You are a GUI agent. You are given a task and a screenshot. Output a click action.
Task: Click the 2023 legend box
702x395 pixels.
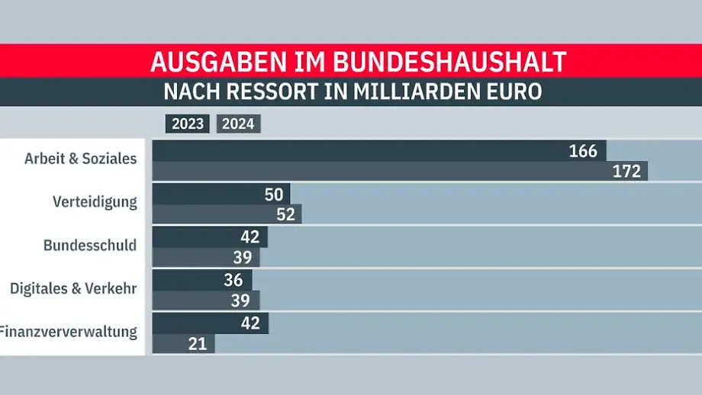click(x=187, y=124)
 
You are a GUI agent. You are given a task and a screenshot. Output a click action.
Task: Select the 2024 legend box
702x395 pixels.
click(x=239, y=124)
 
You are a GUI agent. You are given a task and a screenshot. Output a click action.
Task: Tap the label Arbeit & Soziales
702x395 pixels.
click(x=80, y=159)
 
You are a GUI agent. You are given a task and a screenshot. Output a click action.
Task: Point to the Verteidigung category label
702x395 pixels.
click(x=95, y=202)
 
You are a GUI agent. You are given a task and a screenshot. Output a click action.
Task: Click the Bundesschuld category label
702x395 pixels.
click(x=90, y=246)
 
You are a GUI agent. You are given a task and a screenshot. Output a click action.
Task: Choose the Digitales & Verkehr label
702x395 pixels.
click(x=73, y=289)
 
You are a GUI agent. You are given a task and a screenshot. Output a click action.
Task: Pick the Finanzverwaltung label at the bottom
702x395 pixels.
click(x=69, y=332)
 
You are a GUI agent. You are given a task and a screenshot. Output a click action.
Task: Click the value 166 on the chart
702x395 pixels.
click(x=583, y=151)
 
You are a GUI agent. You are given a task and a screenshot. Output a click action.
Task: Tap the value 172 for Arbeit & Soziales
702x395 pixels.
click(x=626, y=172)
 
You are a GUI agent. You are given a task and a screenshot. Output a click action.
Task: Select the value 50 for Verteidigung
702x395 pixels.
click(x=274, y=194)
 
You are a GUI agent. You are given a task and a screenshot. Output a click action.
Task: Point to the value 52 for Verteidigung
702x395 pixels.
click(x=285, y=214)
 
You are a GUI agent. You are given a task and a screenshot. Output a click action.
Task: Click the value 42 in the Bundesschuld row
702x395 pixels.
click(x=250, y=237)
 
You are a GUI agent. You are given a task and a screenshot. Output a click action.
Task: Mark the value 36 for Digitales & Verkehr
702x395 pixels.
click(x=233, y=280)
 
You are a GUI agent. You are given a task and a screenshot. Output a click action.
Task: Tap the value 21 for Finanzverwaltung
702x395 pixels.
click(x=198, y=344)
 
